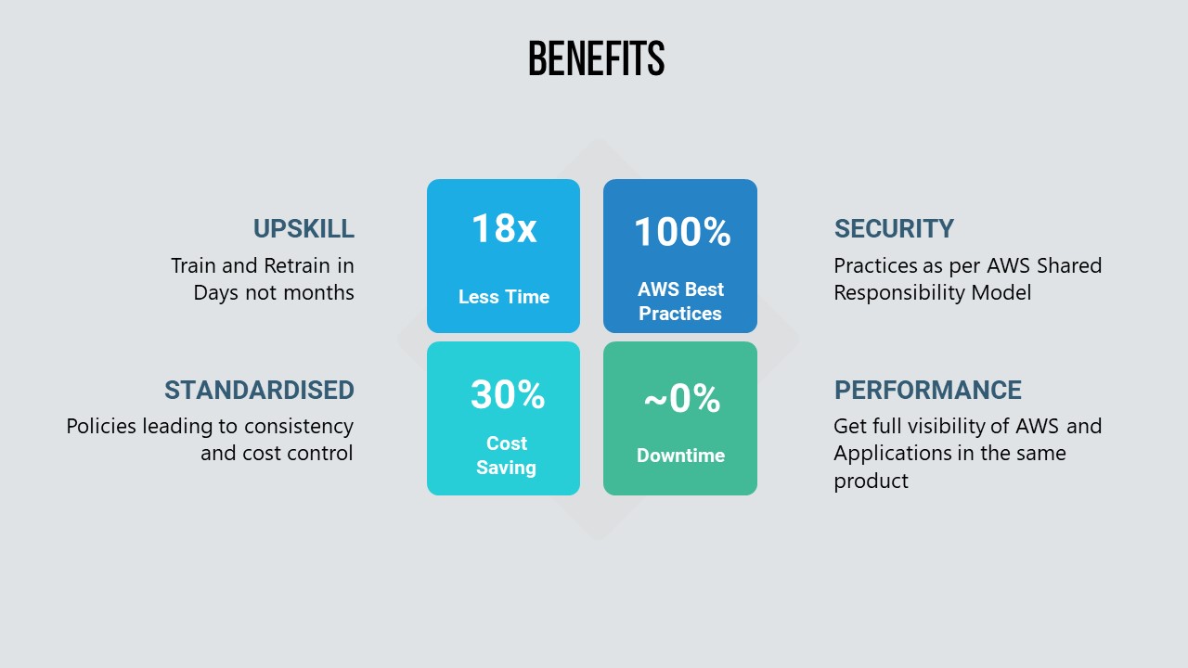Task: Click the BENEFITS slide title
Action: pyautogui.click(x=597, y=58)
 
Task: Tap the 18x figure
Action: pyautogui.click(x=504, y=228)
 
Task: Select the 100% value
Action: pyautogui.click(x=682, y=232)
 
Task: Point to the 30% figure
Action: pyautogui.click(x=508, y=394)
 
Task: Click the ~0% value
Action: pyautogui.click(x=682, y=398)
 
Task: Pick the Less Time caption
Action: pyautogui.click(x=504, y=297)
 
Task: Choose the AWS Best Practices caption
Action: pyautogui.click(x=680, y=302)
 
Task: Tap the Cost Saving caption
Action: pyautogui.click(x=507, y=456)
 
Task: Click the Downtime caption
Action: pyautogui.click(x=681, y=456)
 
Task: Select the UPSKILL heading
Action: pyautogui.click(x=303, y=229)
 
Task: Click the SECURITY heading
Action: pyautogui.click(x=894, y=229)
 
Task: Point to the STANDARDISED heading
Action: pyautogui.click(x=259, y=391)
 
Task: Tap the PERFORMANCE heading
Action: pyautogui.click(x=928, y=391)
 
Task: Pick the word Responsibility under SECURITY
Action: pyautogui.click(x=899, y=293)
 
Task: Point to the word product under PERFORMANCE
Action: pyautogui.click(x=871, y=482)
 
